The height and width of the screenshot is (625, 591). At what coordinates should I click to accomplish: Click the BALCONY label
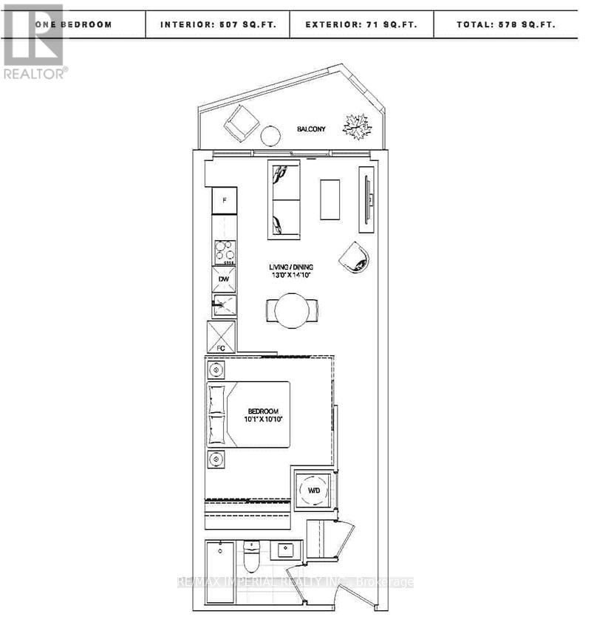[311, 129]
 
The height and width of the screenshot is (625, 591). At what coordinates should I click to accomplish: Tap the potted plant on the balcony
[357, 127]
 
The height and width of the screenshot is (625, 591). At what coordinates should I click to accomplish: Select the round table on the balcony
[270, 136]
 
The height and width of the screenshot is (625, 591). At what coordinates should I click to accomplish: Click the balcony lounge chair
[242, 123]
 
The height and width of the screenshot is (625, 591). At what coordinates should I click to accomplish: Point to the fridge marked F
[224, 200]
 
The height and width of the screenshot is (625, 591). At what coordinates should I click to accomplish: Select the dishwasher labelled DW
[224, 279]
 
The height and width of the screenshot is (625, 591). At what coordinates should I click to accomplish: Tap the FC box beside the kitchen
[221, 337]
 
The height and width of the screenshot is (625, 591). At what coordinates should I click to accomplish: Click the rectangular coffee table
[330, 199]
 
